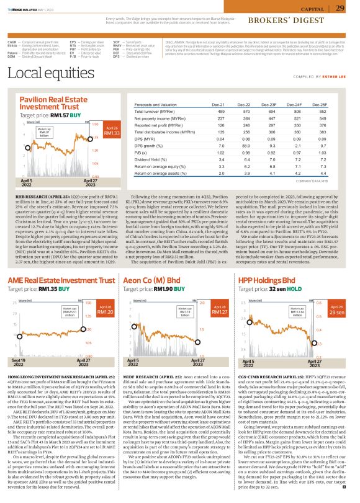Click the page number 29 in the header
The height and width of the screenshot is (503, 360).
click(x=340, y=8)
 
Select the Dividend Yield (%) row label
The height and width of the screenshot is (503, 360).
click(x=151, y=159)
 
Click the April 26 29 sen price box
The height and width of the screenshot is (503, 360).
click(x=337, y=310)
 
